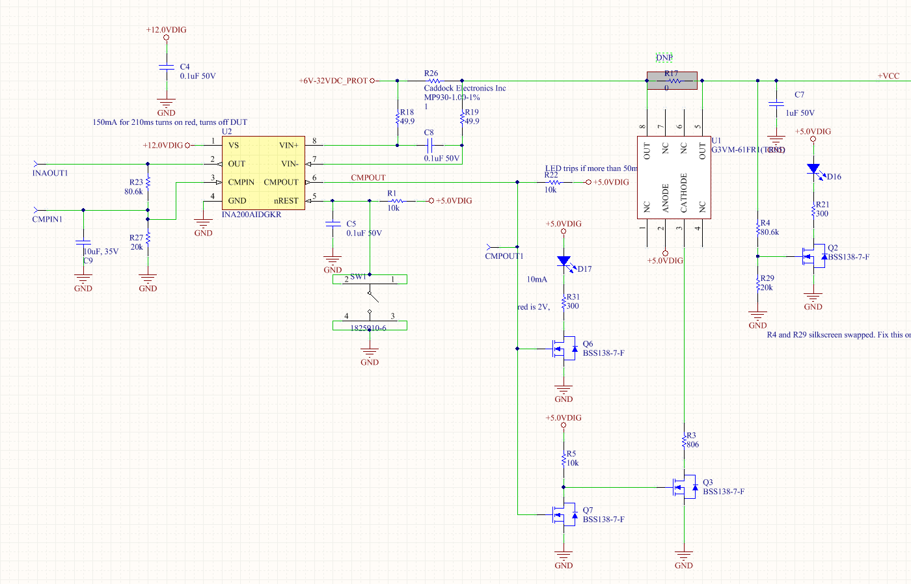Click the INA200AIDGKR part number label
tap(251, 214)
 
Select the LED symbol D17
tap(564, 261)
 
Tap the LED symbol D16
tap(813, 169)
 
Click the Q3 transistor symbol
tap(685, 486)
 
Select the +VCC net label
tap(888, 76)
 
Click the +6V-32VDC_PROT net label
tap(333, 81)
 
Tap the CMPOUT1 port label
tap(504, 256)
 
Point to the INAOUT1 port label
tap(50, 173)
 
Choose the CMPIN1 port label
tap(48, 219)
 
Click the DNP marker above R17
tap(664, 58)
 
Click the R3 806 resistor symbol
tap(684, 441)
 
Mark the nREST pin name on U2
tap(286, 201)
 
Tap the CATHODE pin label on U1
tap(684, 192)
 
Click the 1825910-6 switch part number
tap(368, 328)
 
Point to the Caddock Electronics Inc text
tap(465, 88)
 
